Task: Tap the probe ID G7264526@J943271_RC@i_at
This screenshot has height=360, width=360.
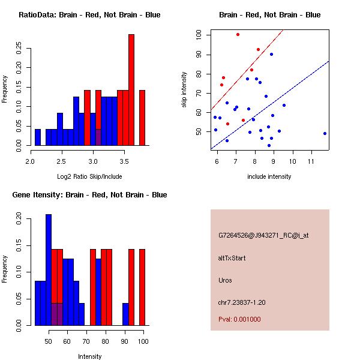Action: point(263,235)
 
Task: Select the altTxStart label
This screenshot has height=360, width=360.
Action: point(232,258)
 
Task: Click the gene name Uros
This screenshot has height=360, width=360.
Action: point(225,280)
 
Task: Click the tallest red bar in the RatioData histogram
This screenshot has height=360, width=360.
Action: point(131,90)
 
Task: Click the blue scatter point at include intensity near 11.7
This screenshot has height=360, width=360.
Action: point(325,133)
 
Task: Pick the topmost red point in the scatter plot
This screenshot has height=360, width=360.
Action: point(238,35)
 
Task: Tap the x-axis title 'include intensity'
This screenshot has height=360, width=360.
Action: point(269,177)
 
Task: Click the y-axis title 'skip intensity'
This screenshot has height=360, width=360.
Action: point(184,90)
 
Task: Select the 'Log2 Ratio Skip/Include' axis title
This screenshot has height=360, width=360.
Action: point(89,177)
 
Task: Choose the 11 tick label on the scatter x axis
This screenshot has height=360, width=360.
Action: point(311,162)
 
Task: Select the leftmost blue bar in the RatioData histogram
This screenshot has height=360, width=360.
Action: point(38,137)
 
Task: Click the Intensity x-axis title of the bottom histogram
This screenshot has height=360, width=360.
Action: point(89,357)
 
